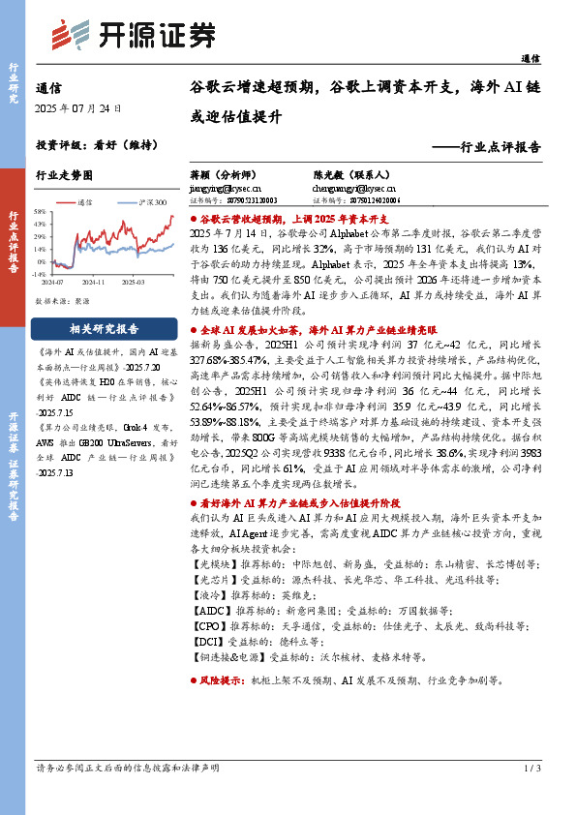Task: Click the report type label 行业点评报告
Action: [500, 148]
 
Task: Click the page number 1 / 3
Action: [531, 768]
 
